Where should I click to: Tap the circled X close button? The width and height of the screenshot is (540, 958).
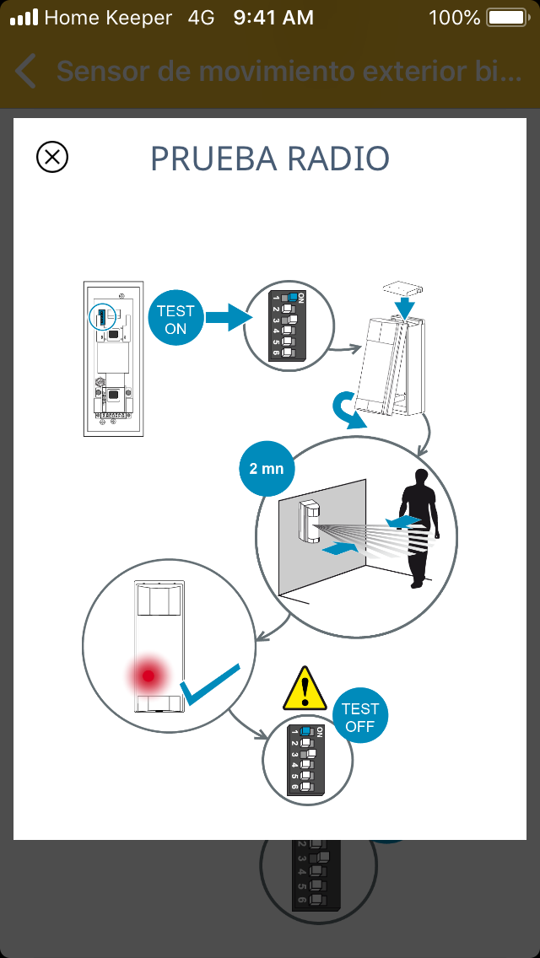[52, 157]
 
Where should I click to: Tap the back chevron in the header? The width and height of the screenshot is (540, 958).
[26, 72]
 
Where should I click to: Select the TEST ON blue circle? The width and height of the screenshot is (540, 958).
[175, 320]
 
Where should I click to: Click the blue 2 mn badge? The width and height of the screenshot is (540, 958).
[267, 468]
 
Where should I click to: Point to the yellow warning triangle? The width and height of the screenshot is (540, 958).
[305, 689]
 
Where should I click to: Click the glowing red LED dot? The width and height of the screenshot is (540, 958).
[149, 675]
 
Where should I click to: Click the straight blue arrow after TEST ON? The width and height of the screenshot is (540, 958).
[229, 319]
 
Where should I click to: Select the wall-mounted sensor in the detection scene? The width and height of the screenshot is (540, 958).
[310, 519]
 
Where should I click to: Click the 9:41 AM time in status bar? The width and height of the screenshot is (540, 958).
[273, 18]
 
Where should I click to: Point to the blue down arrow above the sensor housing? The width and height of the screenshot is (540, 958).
[407, 306]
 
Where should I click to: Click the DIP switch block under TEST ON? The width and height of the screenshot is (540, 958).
[287, 326]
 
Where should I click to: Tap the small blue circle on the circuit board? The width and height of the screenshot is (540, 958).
[102, 316]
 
